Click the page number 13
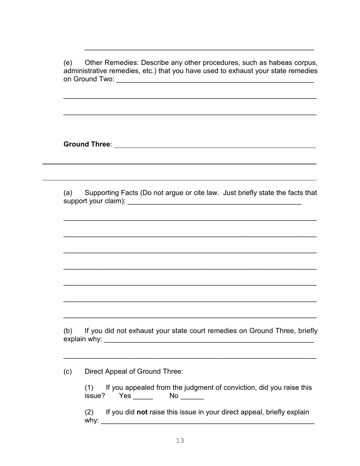click(x=180, y=440)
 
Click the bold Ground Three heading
click(x=87, y=144)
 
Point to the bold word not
click(x=142, y=412)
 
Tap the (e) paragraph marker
click(x=68, y=63)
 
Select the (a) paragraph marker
click(x=68, y=193)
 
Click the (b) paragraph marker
click(x=68, y=331)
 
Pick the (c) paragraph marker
click(x=68, y=371)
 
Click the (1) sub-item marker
click(x=89, y=388)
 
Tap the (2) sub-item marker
click(x=89, y=412)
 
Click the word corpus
click(x=305, y=63)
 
